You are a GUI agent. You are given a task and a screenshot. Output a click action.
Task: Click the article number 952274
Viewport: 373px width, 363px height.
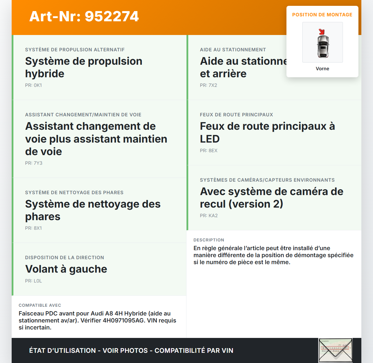112,16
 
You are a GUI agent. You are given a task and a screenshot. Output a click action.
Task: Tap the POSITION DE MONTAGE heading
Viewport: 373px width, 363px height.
322,15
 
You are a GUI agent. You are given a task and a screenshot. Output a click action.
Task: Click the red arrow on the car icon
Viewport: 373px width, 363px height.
321,32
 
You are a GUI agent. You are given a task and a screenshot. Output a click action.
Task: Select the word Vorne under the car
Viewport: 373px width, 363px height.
322,69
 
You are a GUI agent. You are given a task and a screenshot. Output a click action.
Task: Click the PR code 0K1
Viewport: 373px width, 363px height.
38,85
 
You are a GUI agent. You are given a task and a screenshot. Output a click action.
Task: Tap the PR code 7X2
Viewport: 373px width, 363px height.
213,85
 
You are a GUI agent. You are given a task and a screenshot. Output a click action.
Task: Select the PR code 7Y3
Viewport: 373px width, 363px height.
38,163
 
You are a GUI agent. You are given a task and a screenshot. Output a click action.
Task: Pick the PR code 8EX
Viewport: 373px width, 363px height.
213,150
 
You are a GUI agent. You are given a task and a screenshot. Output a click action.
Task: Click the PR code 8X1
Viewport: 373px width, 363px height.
38,228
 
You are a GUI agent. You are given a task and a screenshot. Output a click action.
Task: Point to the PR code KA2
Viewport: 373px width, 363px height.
213,215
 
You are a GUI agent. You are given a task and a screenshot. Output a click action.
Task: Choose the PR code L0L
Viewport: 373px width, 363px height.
38,281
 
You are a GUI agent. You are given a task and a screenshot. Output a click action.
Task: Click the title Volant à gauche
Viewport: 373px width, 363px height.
66,269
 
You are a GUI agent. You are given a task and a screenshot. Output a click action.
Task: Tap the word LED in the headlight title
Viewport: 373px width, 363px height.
210,139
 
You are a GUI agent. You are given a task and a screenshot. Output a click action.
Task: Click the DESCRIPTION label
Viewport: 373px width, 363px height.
209,240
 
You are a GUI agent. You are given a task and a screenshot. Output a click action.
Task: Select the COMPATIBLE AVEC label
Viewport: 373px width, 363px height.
40,305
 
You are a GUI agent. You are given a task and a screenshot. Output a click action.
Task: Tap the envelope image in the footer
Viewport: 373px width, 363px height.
335,350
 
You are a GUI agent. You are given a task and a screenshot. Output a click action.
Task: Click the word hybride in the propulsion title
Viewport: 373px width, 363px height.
45,74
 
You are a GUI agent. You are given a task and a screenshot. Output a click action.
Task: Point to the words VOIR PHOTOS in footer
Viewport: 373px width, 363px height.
125,350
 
